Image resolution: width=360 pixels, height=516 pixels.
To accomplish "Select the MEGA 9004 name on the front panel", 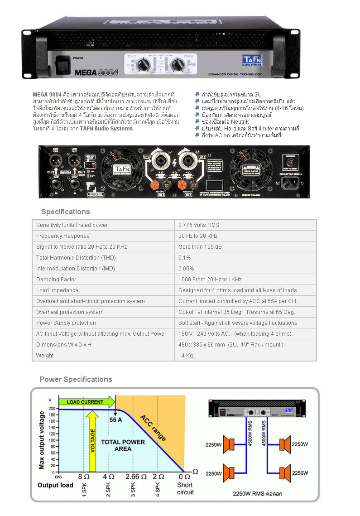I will pyautogui.click(x=90, y=72).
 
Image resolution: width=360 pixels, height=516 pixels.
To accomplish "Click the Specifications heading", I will pyautogui.click(x=65, y=212).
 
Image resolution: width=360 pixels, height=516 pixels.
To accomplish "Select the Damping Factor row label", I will pyautogui.click(x=56, y=280).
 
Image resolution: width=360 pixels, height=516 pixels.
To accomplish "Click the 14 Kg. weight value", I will pyautogui.click(x=186, y=356).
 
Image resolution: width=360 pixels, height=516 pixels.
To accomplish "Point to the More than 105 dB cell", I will pyautogui.click(x=200, y=247).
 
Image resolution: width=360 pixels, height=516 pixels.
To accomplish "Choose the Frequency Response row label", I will pyautogui.click(x=63, y=236).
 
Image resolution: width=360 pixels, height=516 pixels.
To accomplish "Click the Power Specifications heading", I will pyautogui.click(x=76, y=379).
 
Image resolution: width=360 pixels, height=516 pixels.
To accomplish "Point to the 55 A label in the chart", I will pyautogui.click(x=116, y=420).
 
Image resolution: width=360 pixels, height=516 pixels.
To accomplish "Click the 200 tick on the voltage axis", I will pyautogui.click(x=52, y=409).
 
